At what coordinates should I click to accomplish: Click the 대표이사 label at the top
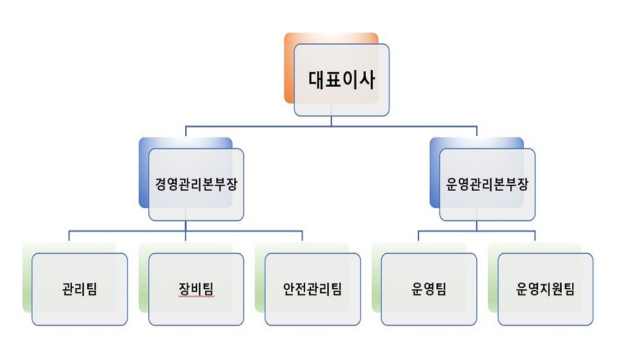tap(342, 80)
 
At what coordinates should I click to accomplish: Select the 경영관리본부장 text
tap(196, 185)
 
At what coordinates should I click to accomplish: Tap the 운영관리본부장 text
tap(487, 185)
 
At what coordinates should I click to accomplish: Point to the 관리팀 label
tap(79, 289)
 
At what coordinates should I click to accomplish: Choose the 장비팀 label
tap(196, 289)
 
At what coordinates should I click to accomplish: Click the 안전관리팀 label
tap(312, 289)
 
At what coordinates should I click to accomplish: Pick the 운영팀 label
tap(429, 289)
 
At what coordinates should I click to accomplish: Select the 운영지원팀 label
tap(545, 289)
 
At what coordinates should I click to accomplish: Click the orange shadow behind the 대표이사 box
tap(289, 67)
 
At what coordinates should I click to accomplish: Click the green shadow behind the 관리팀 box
tap(27, 276)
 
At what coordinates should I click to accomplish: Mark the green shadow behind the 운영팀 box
tap(376, 276)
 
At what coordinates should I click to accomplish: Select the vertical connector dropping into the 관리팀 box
tap(69, 235)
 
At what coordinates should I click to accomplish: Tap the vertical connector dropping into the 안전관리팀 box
tap(303, 235)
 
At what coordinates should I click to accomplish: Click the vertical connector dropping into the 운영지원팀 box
tap(535, 235)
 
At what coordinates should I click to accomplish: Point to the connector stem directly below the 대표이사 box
tap(331, 121)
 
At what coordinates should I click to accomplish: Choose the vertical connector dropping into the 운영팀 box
tap(418, 235)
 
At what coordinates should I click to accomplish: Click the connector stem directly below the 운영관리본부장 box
tap(477, 226)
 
